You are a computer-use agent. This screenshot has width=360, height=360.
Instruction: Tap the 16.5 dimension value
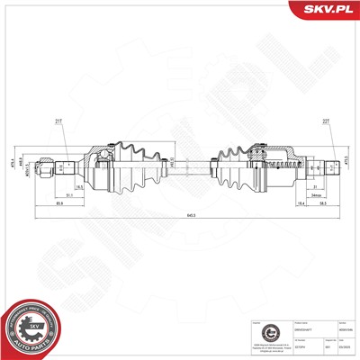tap(80, 185)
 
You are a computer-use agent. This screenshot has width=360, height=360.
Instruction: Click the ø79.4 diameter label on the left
tap(31, 166)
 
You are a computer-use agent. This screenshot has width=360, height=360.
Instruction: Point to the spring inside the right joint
tap(286, 165)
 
